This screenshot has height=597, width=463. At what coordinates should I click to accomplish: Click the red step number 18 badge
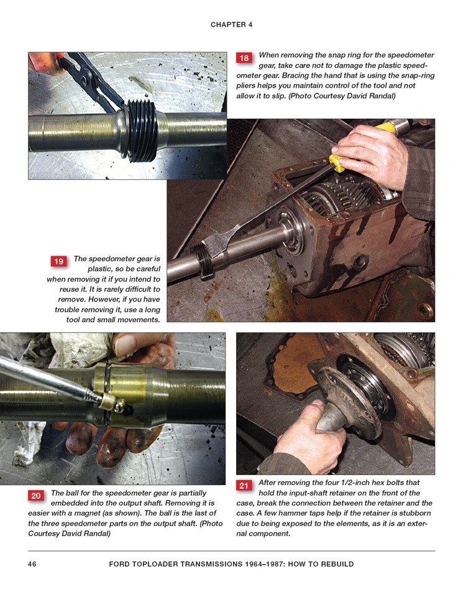(x=244, y=58)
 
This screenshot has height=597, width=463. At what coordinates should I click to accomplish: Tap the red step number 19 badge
(x=58, y=261)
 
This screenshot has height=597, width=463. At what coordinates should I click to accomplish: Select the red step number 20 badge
(x=36, y=496)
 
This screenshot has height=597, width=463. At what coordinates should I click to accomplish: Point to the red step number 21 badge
(x=244, y=486)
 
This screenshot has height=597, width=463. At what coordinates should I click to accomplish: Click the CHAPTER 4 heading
(x=231, y=25)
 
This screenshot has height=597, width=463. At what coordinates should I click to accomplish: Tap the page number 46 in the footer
(x=32, y=564)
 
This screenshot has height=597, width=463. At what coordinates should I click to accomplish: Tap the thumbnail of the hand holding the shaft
(x=123, y=343)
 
